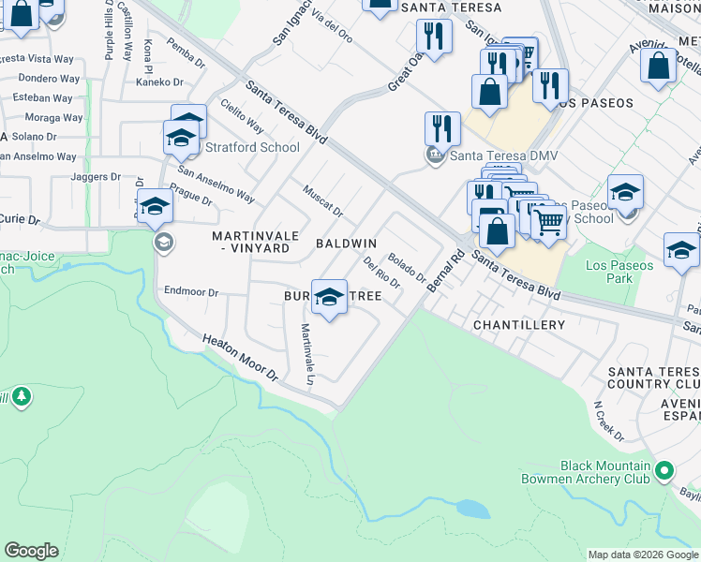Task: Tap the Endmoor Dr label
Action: tap(190, 292)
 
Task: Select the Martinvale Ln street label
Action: tap(306, 355)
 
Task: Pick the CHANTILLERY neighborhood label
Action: tap(518, 325)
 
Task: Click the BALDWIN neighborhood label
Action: tap(346, 244)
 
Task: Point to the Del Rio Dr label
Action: tap(380, 273)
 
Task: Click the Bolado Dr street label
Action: tap(407, 268)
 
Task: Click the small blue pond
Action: tap(471, 510)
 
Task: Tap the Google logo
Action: tap(31, 551)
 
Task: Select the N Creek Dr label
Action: tap(608, 422)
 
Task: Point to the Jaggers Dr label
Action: tap(96, 176)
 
